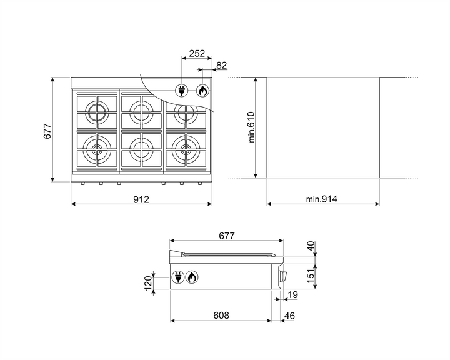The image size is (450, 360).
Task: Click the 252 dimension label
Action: [197, 53]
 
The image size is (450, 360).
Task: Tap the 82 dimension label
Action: [221, 66]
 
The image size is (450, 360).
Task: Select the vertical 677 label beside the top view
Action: [47, 131]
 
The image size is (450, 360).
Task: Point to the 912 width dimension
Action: [141, 199]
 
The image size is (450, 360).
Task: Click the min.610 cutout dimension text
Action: [252, 127]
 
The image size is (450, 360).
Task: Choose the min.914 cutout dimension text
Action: [322, 199]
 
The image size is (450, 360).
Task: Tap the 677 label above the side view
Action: [227, 236]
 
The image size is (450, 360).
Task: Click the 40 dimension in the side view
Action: [311, 247]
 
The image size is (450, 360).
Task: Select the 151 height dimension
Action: [311, 276]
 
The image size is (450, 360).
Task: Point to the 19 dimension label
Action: [293, 295]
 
